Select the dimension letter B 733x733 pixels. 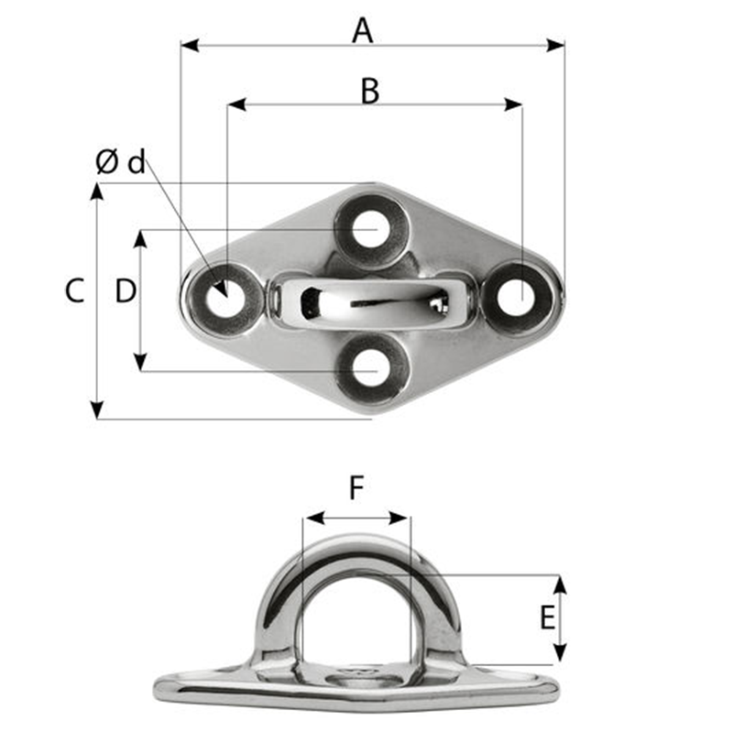point(369,91)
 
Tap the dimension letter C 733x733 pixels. point(75,291)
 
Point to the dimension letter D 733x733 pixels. point(126,291)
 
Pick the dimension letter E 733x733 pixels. point(547,618)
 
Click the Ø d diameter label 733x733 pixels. point(120,163)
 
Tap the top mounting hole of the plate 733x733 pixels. point(369,228)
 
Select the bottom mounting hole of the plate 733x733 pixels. point(369,370)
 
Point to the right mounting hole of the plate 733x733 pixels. point(517,297)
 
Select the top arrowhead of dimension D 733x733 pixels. point(140,237)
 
